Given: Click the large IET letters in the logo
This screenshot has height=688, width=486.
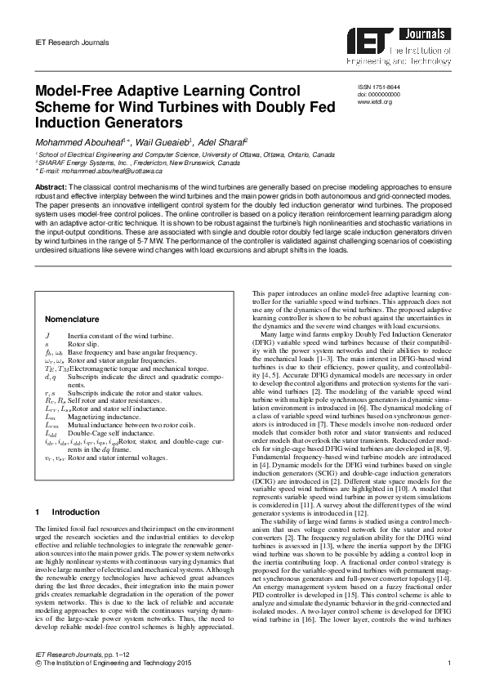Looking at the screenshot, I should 372,38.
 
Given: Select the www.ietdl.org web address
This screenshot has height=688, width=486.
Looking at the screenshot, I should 375,101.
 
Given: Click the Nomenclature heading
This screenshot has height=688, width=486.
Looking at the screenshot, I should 72,319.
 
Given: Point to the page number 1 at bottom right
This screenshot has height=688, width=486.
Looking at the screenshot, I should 450,672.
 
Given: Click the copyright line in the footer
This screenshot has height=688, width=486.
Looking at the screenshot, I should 114,672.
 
